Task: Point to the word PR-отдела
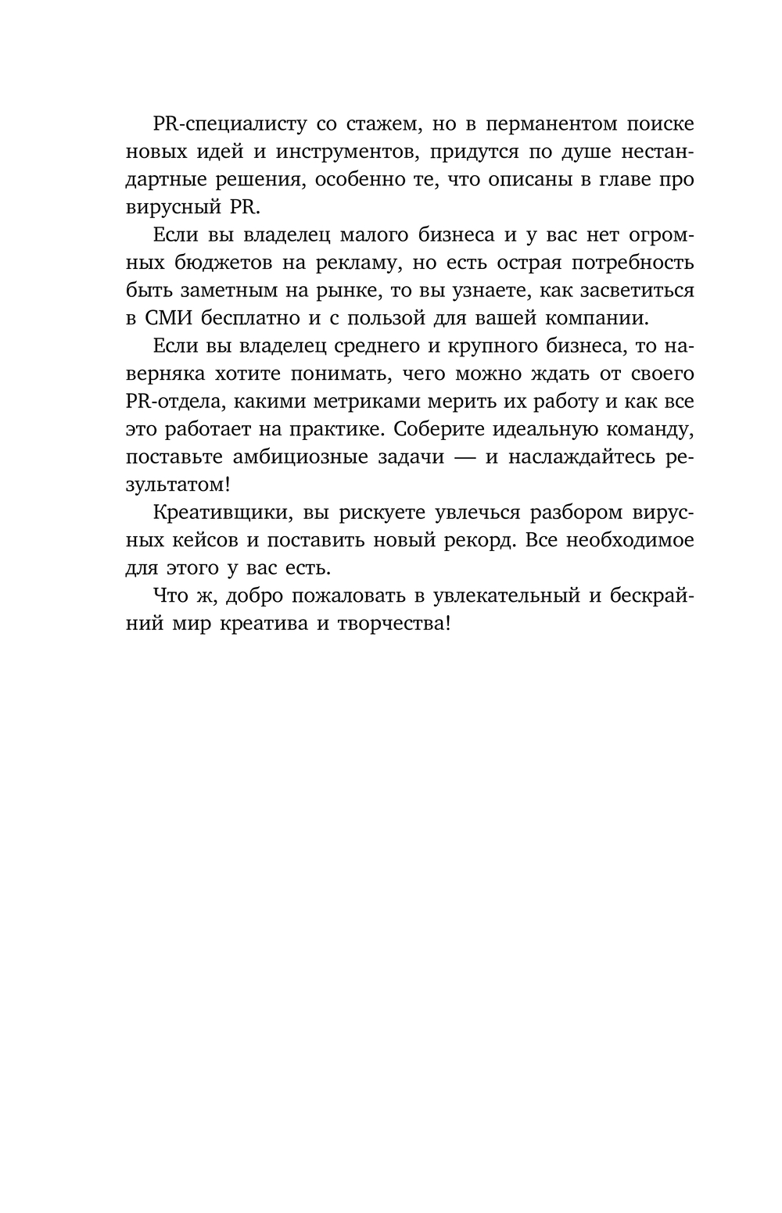click(168, 402)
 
